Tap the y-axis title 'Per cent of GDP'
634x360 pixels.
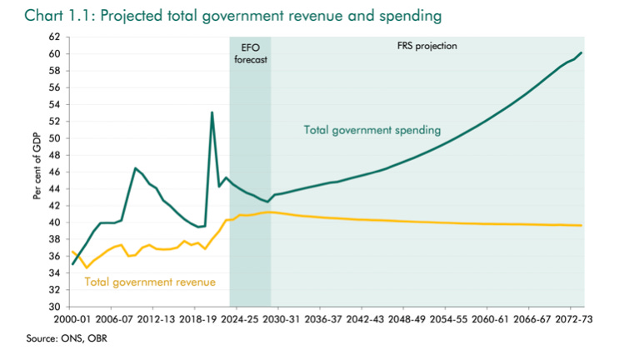(x=37, y=172)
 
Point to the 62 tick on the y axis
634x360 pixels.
(x=55, y=37)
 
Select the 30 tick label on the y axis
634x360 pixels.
(x=55, y=307)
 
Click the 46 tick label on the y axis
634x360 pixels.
(x=55, y=172)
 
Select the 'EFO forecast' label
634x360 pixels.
(x=250, y=53)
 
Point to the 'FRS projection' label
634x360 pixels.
(x=427, y=47)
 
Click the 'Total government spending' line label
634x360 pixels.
(x=372, y=130)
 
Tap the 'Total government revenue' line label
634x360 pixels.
(x=151, y=282)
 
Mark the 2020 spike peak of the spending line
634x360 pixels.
(x=212, y=112)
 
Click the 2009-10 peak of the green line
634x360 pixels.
(x=135, y=168)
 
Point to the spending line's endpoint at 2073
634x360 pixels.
(x=582, y=52)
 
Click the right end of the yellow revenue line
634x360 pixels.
(x=582, y=226)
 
